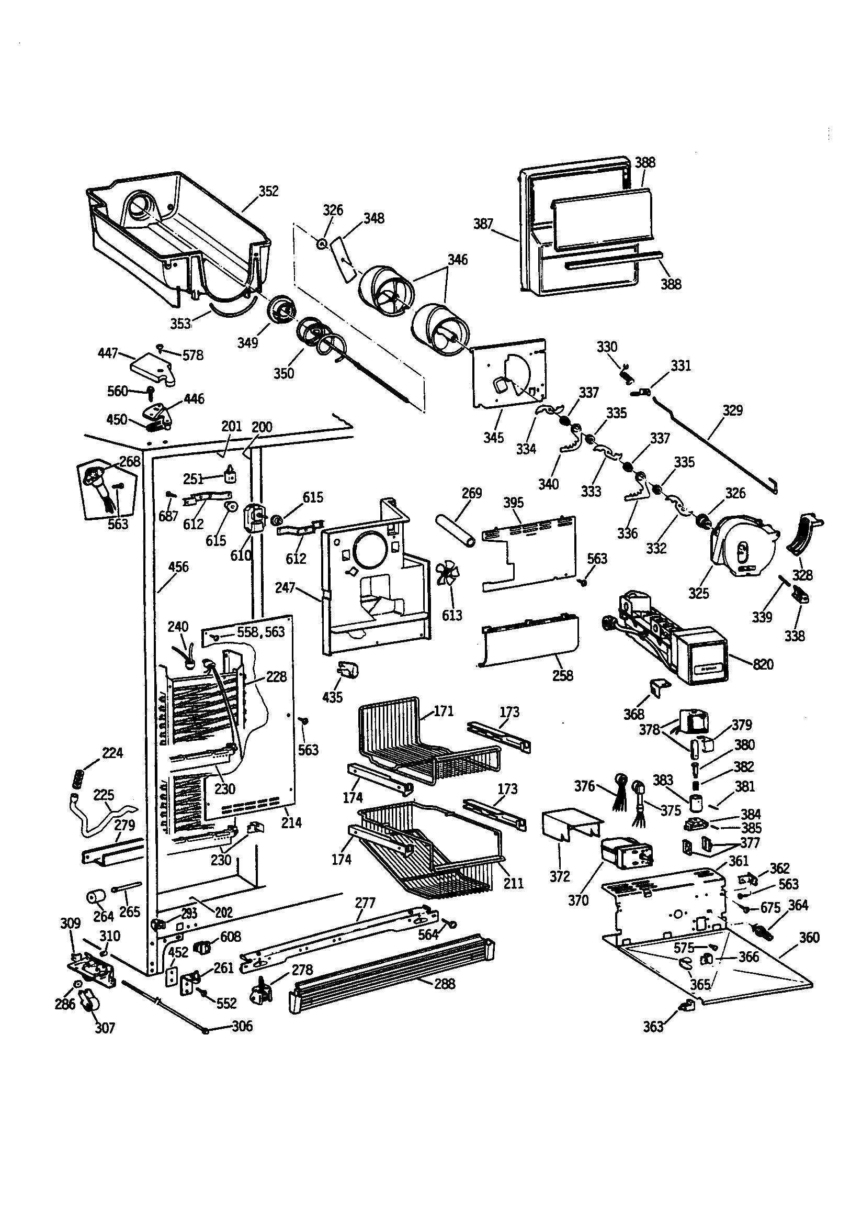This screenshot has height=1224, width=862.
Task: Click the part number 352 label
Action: tap(268, 192)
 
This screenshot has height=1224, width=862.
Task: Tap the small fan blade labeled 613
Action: tap(447, 575)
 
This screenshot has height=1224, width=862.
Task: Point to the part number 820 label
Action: tap(763, 664)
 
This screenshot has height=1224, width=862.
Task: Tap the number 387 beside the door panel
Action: tap(483, 224)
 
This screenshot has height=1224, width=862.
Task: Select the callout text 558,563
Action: tap(260, 632)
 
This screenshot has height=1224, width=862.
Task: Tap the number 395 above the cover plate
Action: tap(513, 503)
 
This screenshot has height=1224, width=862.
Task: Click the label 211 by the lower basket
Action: tap(514, 883)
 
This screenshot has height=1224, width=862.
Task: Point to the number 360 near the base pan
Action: tap(809, 937)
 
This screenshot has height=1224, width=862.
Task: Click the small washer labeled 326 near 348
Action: tap(322, 243)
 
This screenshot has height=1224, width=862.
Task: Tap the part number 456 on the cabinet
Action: tap(178, 566)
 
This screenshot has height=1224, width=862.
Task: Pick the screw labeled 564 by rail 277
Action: tap(452, 923)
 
